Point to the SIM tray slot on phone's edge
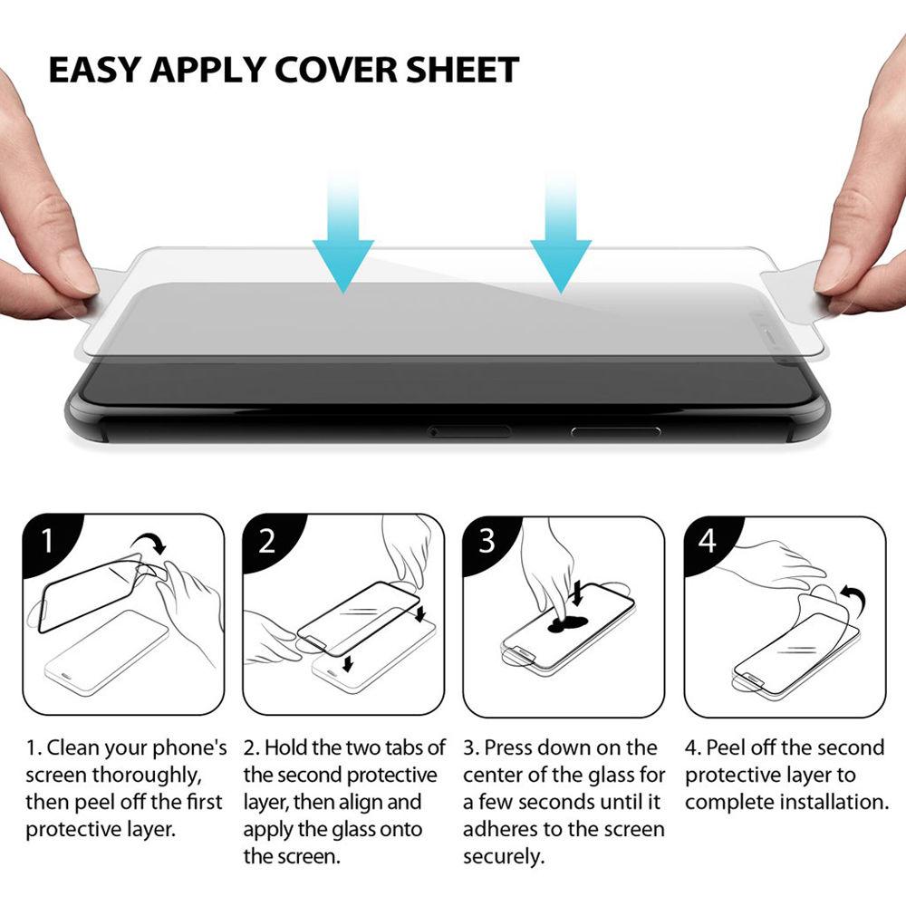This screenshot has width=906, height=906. pyautogui.click(x=468, y=430)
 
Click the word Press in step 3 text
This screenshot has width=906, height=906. pyautogui.click(x=508, y=748)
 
